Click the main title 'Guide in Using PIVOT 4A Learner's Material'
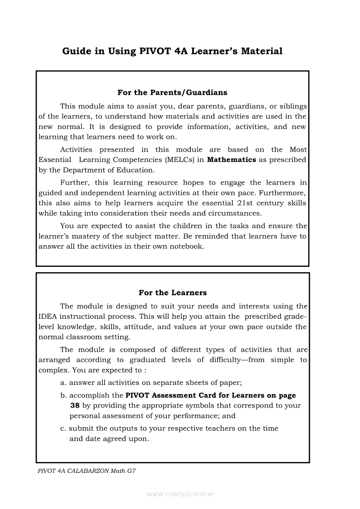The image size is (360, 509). [x=172, y=51]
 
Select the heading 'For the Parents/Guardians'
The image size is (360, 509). [x=172, y=92]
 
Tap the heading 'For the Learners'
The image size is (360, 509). [x=173, y=293]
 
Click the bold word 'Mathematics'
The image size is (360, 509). [x=231, y=159]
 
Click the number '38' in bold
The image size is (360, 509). [x=75, y=405]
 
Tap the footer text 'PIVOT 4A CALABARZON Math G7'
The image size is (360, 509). [x=87, y=471]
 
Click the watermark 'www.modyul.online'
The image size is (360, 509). [x=180, y=494]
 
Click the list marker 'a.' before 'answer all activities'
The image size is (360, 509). [x=63, y=383]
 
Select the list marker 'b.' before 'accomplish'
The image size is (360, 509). [x=64, y=395]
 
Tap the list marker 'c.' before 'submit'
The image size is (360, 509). [x=63, y=428]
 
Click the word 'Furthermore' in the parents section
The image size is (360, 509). [x=283, y=192]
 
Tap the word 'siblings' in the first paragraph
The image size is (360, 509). [x=292, y=106]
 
